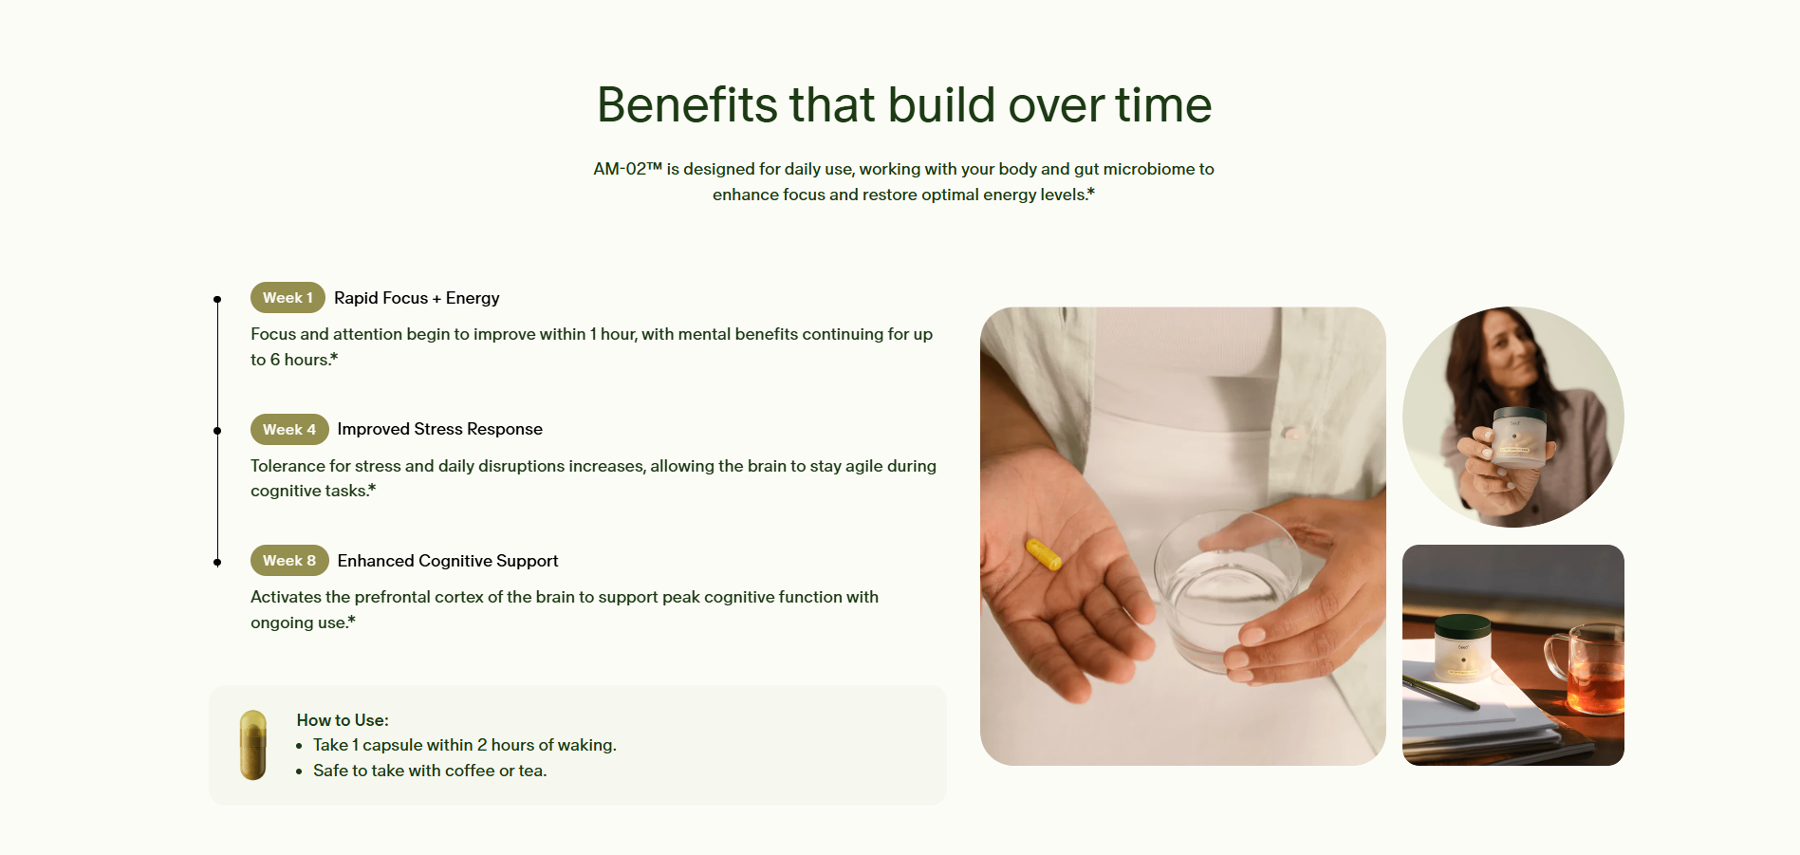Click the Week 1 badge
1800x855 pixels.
tap(288, 298)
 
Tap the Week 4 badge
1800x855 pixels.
tap(289, 429)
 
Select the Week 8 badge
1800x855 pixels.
tap(289, 561)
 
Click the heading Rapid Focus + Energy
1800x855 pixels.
tap(417, 298)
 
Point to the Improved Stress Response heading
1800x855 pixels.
tap(440, 429)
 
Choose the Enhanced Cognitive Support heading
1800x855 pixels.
tap(448, 561)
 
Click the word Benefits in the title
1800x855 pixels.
tap(688, 104)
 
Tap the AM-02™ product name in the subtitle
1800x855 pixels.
tap(627, 169)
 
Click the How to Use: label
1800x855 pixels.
tap(343, 720)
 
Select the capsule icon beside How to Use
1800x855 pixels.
tap(253, 745)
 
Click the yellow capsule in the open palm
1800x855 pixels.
tap(1044, 554)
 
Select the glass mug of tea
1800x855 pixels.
tap(1587, 668)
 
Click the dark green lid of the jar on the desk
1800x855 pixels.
tap(1462, 626)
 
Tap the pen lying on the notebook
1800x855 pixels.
tap(1441, 693)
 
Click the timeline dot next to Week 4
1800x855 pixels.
tap(217, 431)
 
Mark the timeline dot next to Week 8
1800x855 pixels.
tap(217, 563)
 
